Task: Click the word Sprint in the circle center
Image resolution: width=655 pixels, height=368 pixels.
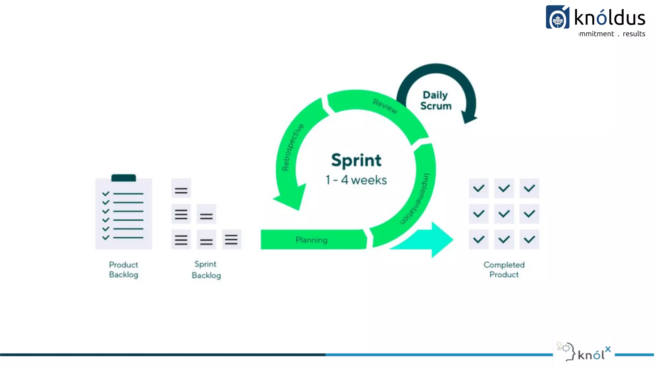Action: pyautogui.click(x=356, y=160)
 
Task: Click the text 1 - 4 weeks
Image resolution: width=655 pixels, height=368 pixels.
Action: pyautogui.click(x=356, y=180)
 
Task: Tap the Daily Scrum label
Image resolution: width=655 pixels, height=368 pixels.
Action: pyautogui.click(x=436, y=100)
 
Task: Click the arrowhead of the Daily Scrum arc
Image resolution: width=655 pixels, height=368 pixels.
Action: pyautogui.click(x=469, y=117)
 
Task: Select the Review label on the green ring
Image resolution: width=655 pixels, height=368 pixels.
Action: pyautogui.click(x=385, y=106)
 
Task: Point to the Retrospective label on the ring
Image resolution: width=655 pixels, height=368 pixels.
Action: pyautogui.click(x=292, y=147)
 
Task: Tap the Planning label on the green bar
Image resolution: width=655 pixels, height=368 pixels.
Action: pyautogui.click(x=311, y=240)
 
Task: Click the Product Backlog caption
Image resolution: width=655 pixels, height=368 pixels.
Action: pyautogui.click(x=123, y=270)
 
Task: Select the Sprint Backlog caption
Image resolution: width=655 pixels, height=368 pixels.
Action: pyautogui.click(x=206, y=270)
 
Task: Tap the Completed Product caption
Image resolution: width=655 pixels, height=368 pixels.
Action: pyautogui.click(x=504, y=270)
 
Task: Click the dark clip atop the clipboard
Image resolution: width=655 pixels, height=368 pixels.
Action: pyautogui.click(x=123, y=178)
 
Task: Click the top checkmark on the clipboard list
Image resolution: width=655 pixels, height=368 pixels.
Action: pyautogui.click(x=106, y=194)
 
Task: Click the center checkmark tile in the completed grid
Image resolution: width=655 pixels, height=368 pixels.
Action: pyautogui.click(x=504, y=214)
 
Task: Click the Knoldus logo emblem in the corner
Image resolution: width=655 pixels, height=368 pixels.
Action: pyautogui.click(x=557, y=18)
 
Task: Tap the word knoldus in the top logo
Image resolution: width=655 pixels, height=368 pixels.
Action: pyautogui.click(x=610, y=18)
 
